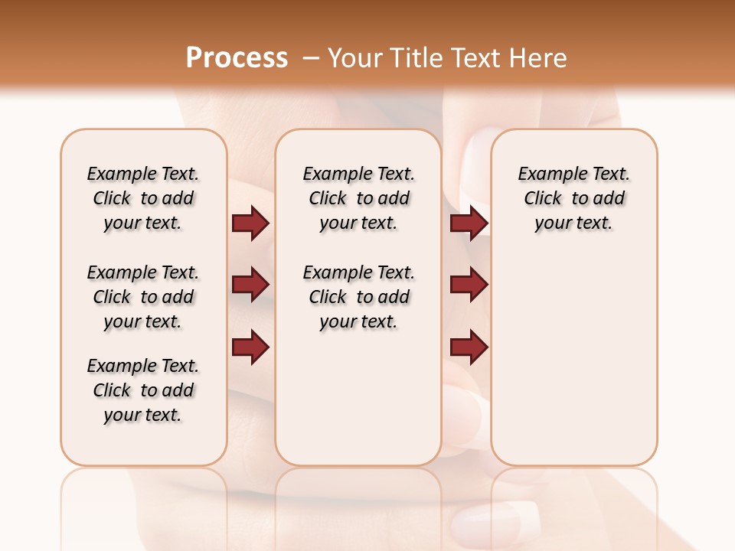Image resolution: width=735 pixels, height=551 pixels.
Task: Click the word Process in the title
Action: pyautogui.click(x=237, y=58)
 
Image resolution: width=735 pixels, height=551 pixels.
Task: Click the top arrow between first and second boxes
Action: pyautogui.click(x=250, y=223)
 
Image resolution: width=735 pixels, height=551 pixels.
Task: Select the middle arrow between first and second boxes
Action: pyautogui.click(x=250, y=285)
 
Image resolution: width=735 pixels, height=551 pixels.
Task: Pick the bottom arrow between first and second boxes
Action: pyautogui.click(x=250, y=347)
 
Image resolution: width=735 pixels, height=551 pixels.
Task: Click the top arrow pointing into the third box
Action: pyautogui.click(x=469, y=223)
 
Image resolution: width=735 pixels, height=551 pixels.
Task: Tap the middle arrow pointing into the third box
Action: pyautogui.click(x=469, y=285)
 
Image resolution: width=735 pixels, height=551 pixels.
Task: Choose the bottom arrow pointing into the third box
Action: pyautogui.click(x=469, y=347)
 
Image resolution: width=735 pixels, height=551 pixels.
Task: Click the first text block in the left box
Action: pyautogui.click(x=143, y=198)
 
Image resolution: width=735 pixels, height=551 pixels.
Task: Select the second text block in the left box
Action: pyautogui.click(x=143, y=297)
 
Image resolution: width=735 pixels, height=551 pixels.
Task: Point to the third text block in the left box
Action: pyautogui.click(x=143, y=390)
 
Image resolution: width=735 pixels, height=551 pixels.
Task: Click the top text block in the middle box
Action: pyautogui.click(x=358, y=198)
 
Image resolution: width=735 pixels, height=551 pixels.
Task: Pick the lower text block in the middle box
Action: pyautogui.click(x=358, y=297)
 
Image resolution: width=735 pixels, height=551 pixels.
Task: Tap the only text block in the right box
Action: pyautogui.click(x=573, y=198)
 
